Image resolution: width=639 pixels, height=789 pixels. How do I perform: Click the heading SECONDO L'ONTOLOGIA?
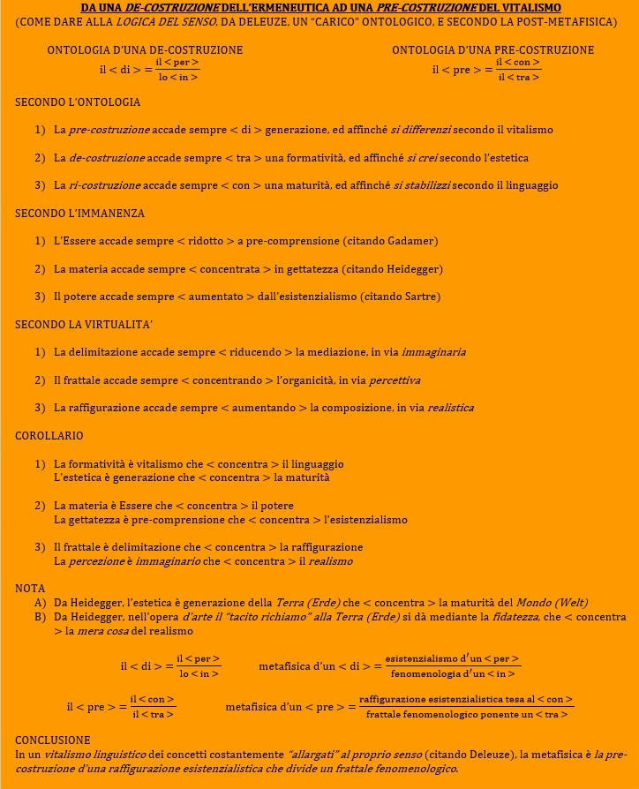[78, 102]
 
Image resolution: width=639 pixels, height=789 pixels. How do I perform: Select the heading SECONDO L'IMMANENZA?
[79, 214]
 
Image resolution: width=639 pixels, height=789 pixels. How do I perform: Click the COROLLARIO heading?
[49, 436]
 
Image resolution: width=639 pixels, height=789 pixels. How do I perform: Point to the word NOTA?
[30, 588]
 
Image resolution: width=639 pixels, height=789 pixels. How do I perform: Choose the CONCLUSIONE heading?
[52, 740]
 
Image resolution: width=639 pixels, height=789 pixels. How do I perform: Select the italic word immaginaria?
[433, 352]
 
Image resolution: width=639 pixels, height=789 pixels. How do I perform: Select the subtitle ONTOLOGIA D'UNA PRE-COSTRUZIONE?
[492, 50]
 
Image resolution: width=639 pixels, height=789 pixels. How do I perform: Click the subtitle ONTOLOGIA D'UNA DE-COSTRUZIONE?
[145, 50]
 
